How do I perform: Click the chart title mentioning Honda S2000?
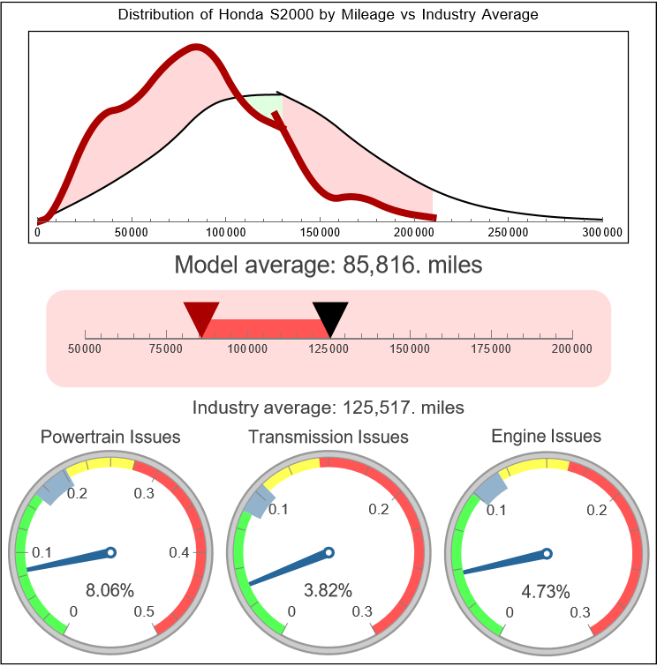[328, 15]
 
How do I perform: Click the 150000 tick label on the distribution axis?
[320, 232]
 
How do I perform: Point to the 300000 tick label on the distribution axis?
[603, 232]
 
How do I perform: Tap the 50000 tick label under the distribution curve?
[131, 232]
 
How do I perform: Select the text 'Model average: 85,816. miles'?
[328, 265]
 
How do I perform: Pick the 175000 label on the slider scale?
[491, 348]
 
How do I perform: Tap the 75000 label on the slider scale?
[166, 348]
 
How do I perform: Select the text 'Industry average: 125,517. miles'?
[328, 408]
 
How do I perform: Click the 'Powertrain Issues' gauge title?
[110, 437]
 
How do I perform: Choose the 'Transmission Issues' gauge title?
[328, 437]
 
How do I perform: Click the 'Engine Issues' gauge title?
[546, 436]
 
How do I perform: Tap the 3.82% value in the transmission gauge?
[328, 590]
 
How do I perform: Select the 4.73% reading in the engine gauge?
[545, 590]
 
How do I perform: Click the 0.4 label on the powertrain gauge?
[179, 553]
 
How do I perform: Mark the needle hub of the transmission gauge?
[328, 553]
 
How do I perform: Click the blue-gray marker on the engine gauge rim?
[491, 484]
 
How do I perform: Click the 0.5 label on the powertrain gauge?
[145, 612]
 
